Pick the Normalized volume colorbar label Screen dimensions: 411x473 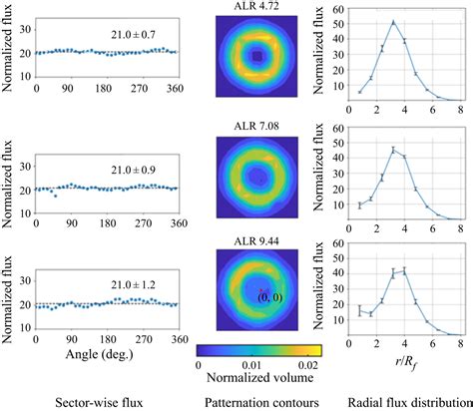point(256,379)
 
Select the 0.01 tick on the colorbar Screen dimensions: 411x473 point(254,366)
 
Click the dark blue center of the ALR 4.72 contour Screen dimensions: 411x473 point(257,58)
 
